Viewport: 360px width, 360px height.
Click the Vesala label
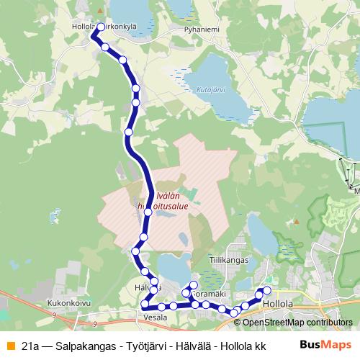[155, 317]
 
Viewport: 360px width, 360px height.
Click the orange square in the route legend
[9, 345]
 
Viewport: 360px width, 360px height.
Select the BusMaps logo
[326, 345]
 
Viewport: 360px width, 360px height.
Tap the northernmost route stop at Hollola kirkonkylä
[100, 27]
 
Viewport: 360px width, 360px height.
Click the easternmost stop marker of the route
[267, 290]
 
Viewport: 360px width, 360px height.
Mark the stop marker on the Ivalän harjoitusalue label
[148, 212]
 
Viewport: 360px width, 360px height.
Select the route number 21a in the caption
[30, 346]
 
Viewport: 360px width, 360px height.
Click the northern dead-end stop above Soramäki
[194, 286]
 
